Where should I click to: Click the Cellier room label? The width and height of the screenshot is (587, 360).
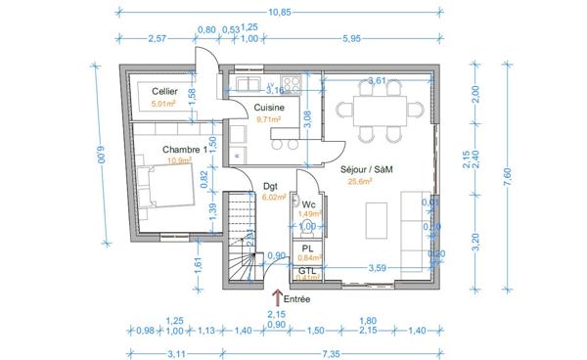(x=164, y=90)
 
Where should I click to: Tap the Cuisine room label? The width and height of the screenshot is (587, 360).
(x=269, y=108)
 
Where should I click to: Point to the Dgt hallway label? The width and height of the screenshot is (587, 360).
(x=271, y=185)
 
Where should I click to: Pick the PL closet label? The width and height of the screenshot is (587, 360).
(x=306, y=248)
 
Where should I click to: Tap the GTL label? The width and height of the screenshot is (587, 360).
(x=307, y=270)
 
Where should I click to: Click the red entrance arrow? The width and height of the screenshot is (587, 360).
(x=277, y=297)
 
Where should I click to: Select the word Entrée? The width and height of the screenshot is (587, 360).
(x=297, y=299)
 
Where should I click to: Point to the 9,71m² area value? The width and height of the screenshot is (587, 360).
(x=269, y=119)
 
